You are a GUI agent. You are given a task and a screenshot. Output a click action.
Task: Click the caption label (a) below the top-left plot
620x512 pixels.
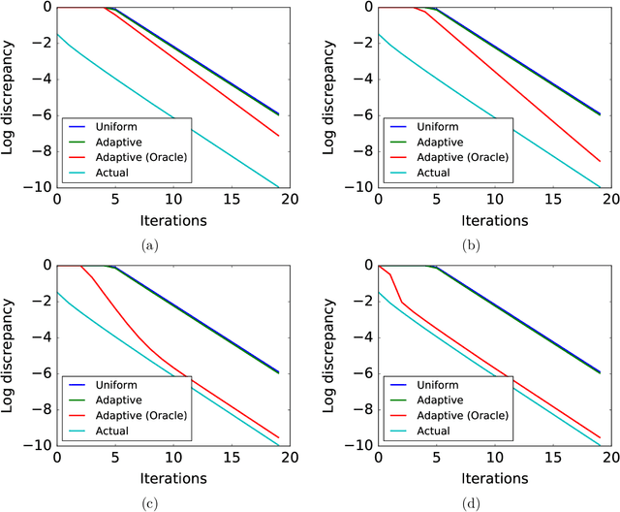150,245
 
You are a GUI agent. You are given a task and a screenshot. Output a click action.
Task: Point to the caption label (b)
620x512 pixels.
472,245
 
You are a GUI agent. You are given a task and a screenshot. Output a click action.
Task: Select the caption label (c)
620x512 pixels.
150,501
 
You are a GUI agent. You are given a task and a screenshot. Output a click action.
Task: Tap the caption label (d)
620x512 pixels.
472,501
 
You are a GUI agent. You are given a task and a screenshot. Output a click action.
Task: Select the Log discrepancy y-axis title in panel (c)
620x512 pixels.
13,356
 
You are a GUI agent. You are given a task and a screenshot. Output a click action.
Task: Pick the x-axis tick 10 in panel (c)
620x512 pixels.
173,458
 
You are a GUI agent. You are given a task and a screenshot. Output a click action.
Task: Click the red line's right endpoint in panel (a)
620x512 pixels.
279,136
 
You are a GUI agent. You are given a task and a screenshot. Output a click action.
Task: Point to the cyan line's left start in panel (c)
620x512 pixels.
57,292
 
